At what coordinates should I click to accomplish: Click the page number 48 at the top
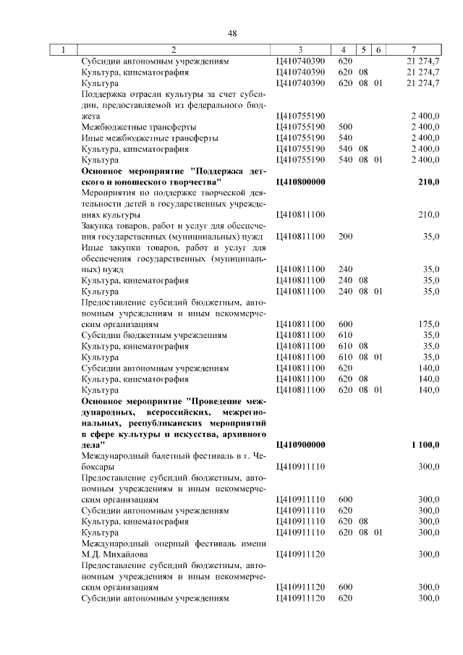coord(232,33)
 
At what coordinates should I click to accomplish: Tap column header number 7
coord(413,50)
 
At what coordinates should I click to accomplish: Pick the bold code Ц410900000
coord(300,444)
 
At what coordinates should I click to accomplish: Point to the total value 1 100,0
coord(425,444)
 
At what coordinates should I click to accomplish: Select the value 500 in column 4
coord(346,127)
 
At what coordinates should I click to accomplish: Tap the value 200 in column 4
coord(346,237)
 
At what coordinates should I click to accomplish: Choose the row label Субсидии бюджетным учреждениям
coord(155,335)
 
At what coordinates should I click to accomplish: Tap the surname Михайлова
coord(122,554)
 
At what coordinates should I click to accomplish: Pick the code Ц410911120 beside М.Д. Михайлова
coord(300,554)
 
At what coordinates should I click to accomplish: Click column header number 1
coord(64,50)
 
